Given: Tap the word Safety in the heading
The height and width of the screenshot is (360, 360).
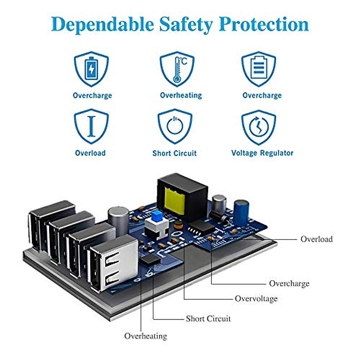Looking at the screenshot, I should point(186,25).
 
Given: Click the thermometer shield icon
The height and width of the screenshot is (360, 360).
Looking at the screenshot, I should point(177,69).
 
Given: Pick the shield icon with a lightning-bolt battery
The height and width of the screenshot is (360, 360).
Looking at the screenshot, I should point(91,69).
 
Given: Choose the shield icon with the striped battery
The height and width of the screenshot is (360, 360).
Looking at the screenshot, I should point(258,69).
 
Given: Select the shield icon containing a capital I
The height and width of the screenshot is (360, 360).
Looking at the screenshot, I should point(91,126).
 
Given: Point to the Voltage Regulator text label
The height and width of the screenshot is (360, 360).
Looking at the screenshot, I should point(262,153).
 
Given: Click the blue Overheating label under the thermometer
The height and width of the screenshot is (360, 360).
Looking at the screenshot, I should point(181,95).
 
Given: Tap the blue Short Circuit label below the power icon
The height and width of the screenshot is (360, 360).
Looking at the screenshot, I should point(174,153).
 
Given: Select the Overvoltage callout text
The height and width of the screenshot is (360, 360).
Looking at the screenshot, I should point(256,298).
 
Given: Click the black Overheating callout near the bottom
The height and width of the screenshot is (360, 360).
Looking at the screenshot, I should point(145,336).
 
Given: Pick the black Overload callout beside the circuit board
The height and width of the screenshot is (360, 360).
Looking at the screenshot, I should point(316,239).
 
